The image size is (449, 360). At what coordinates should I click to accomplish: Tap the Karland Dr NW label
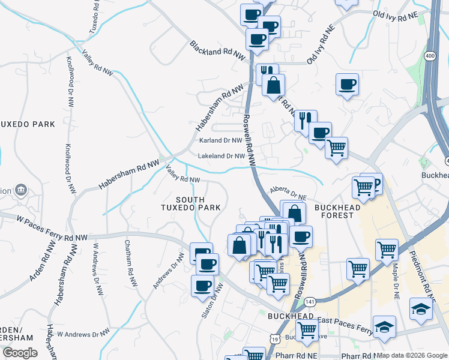(220, 140)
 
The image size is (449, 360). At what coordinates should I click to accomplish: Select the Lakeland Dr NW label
(221, 156)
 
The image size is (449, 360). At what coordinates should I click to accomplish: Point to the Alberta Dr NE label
(288, 193)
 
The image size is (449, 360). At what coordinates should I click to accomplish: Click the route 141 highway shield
(309, 301)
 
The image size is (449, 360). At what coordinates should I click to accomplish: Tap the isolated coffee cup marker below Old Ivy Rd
(347, 84)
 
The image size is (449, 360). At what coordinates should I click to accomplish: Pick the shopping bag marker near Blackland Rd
(273, 85)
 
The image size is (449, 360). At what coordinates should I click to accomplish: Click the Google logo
(20, 353)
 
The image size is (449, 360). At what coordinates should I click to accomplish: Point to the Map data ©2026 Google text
(412, 355)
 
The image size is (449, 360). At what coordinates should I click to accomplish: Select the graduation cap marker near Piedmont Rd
(421, 309)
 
